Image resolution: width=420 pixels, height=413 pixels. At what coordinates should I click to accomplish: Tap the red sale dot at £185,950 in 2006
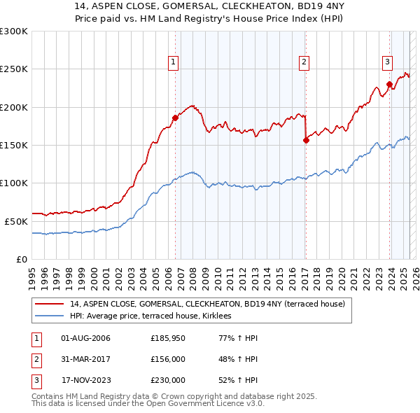coord(175,118)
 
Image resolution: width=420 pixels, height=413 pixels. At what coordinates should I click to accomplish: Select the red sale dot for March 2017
coord(306,140)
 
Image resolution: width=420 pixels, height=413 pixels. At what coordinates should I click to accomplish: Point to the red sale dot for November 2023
coord(389,84)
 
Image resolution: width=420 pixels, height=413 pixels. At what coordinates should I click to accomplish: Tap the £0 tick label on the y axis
coord(21,259)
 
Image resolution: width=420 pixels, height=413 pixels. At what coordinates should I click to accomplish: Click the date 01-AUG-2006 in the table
coord(85,339)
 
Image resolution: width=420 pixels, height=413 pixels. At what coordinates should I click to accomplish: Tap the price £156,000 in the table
coord(168,359)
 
